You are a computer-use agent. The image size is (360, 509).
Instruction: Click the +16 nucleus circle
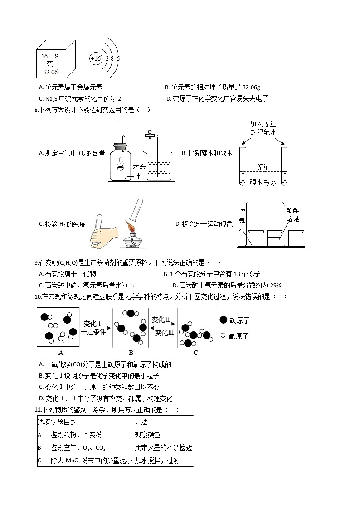tap(96, 59)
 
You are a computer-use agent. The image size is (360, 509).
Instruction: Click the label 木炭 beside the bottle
tap(139, 167)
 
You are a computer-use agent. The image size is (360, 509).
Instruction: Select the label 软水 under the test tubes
tap(271, 183)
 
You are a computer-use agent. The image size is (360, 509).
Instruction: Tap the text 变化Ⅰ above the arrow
tap(92, 324)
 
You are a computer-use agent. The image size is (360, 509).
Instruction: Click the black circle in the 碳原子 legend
tap(223, 320)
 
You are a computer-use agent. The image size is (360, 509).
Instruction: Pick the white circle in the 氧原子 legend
tap(223, 336)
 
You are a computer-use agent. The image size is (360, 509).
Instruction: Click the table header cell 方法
tap(141, 422)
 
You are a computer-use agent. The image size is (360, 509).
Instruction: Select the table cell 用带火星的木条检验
tap(163, 448)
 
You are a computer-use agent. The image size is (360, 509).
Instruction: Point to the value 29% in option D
tap(276, 286)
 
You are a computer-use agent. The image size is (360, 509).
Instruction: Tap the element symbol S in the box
tap(56, 57)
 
